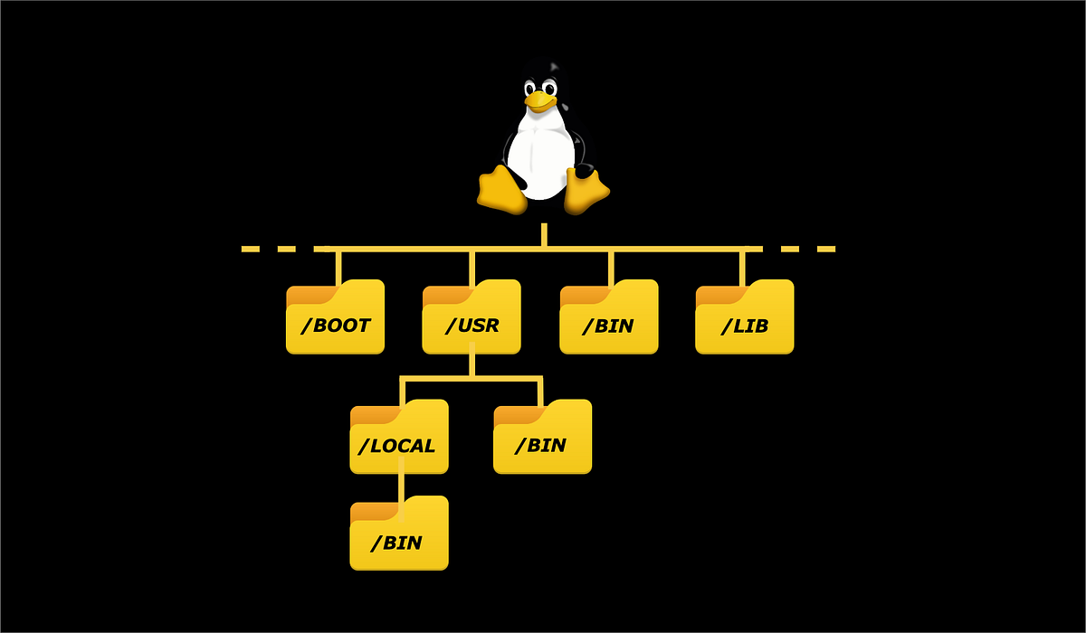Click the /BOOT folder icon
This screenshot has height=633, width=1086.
(336, 318)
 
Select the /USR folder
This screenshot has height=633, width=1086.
(472, 318)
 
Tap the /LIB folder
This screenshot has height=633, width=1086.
(744, 318)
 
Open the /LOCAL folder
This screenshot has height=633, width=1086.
(399, 439)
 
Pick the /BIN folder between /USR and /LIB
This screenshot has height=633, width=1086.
(609, 318)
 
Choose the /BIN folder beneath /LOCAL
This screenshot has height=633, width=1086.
(399, 535)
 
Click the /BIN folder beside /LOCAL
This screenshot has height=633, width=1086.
(542, 439)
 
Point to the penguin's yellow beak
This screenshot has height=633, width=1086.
(539, 101)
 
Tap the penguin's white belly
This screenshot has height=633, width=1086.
(540, 158)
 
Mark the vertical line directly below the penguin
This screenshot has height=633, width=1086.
(544, 234)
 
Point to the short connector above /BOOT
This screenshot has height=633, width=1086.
(338, 265)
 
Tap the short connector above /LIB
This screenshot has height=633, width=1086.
(742, 265)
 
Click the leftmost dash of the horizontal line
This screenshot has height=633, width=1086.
(251, 249)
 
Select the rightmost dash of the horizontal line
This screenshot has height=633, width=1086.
(825, 249)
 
